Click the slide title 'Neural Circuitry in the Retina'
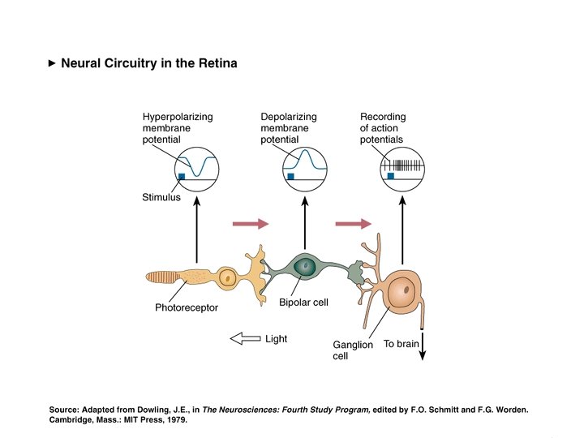pos(149,63)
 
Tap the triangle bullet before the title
pos(53,63)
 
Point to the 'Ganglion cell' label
pos(353,350)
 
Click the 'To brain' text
pos(401,344)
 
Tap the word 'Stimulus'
pos(161,197)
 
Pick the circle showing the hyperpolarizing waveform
pos(196,168)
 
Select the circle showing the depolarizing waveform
pos(305,168)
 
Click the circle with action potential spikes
pos(402,168)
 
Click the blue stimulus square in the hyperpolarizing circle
pos(182,176)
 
